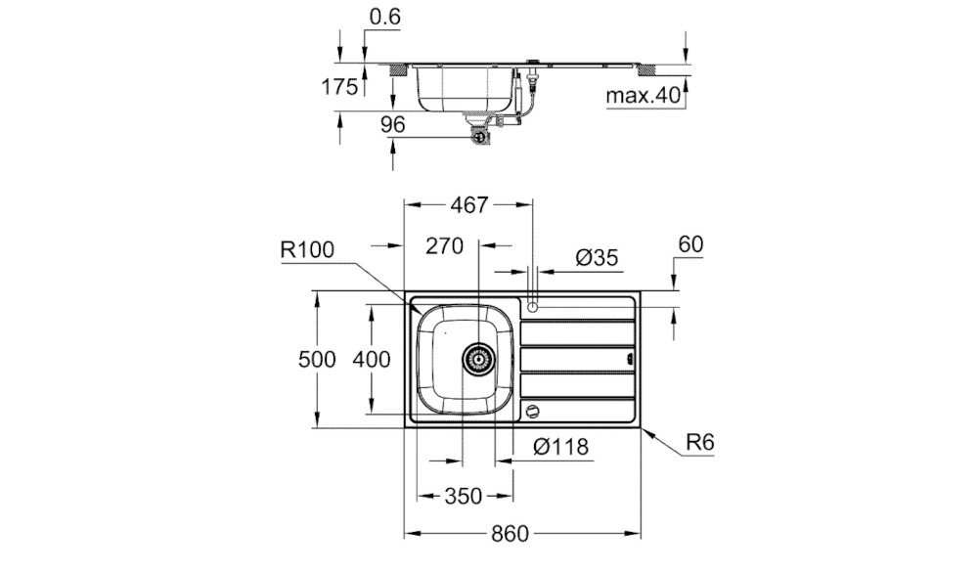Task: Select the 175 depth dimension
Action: point(340,87)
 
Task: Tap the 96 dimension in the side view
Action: point(365,125)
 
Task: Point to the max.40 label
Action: point(642,96)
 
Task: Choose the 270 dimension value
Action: point(444,246)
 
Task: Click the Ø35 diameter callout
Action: point(596,258)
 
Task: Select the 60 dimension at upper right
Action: point(690,245)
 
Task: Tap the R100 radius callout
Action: point(306,250)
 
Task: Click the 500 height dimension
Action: point(317,360)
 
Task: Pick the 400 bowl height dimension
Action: point(372,360)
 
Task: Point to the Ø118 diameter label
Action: point(561,447)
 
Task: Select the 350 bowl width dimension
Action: point(456,496)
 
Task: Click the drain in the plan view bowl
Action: point(477,359)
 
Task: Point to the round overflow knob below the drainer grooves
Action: point(533,411)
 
